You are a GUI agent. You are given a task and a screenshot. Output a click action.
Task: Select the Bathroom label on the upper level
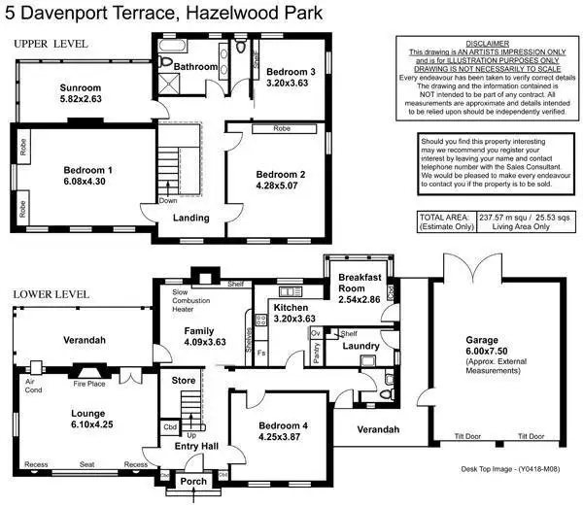[196, 66]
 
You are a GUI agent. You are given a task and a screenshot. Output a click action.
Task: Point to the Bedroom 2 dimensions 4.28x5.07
[274, 185]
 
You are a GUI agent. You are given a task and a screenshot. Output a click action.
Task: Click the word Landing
[190, 218]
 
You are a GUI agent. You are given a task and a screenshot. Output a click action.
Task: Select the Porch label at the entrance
[193, 481]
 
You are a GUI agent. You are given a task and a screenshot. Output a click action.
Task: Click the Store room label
[183, 381]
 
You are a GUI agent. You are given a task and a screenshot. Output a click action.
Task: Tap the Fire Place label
[90, 384]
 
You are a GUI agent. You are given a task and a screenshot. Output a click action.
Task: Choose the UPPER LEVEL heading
[50, 44]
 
